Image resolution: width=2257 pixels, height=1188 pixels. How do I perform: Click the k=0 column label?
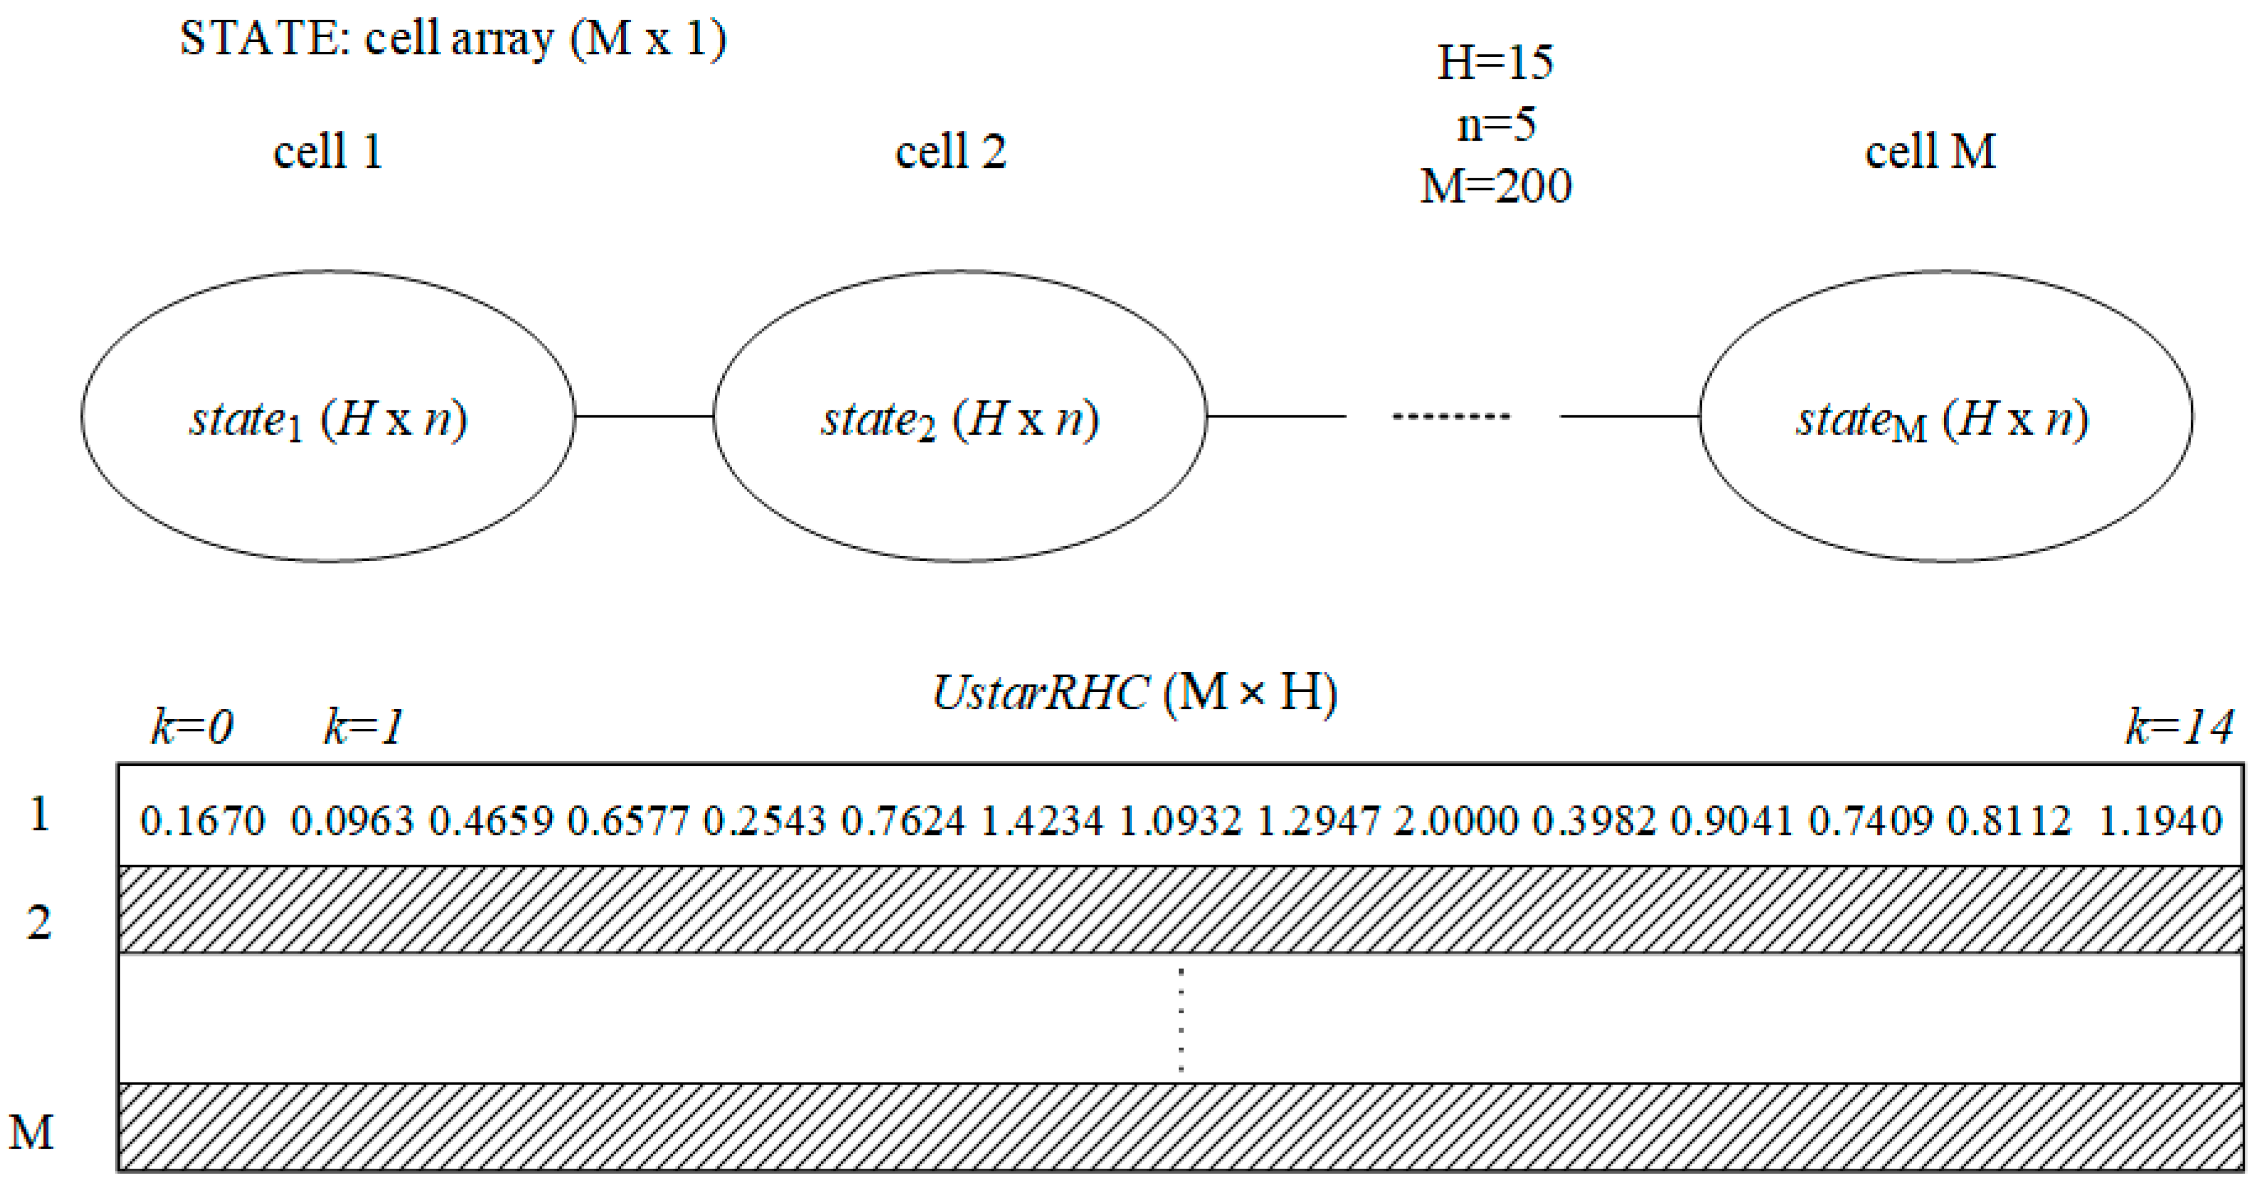click(x=192, y=727)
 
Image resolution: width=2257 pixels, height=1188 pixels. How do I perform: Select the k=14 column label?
click(x=2179, y=727)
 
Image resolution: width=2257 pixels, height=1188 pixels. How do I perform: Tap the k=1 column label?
click(x=364, y=727)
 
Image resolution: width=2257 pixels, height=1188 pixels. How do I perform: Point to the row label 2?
click(x=38, y=923)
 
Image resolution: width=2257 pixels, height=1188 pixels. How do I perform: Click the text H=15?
click(x=1496, y=62)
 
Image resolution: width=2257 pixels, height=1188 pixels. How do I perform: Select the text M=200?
click(x=1496, y=186)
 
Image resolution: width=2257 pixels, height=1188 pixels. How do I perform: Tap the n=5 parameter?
click(x=1496, y=125)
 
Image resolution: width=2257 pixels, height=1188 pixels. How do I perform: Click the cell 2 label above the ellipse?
click(x=951, y=152)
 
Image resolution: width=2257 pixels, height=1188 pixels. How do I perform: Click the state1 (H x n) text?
click(x=328, y=420)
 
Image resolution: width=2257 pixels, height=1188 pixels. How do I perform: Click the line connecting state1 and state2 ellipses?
click(x=644, y=416)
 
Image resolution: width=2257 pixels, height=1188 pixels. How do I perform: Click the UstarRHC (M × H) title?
click(x=1135, y=693)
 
